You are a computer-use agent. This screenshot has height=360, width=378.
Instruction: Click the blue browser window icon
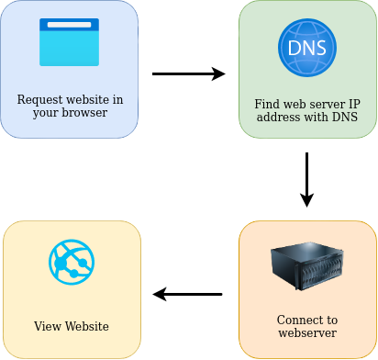(x=69, y=43)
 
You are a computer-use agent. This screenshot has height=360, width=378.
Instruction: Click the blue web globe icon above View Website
(x=72, y=262)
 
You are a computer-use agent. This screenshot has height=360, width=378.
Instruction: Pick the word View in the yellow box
(x=46, y=326)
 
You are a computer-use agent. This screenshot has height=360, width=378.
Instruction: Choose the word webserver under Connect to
(x=307, y=332)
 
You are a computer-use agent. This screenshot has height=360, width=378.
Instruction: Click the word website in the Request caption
(x=91, y=99)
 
